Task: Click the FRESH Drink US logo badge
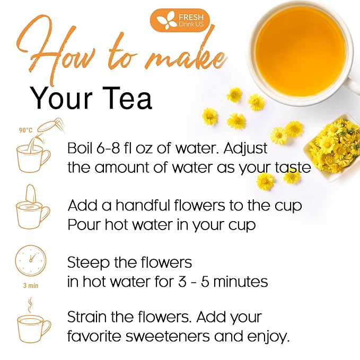click(x=180, y=20)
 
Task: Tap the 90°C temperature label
click(x=25, y=130)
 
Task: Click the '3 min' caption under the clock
click(x=31, y=286)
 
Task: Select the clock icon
click(x=31, y=261)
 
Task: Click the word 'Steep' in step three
click(x=88, y=263)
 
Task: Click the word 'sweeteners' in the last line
click(x=168, y=337)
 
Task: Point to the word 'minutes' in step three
click(x=241, y=281)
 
